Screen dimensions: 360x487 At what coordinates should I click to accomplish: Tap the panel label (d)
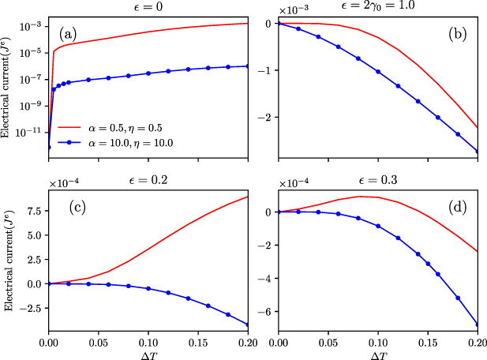click(x=457, y=210)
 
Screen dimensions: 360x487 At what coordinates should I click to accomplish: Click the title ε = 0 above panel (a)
click(x=148, y=6)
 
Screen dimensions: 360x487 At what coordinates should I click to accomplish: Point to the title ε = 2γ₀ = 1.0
click(x=377, y=6)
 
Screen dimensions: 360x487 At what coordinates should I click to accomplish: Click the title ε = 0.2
click(x=148, y=182)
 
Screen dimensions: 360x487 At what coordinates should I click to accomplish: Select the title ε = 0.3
click(x=377, y=182)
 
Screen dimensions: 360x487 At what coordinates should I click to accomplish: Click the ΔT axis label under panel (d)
click(x=377, y=354)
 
